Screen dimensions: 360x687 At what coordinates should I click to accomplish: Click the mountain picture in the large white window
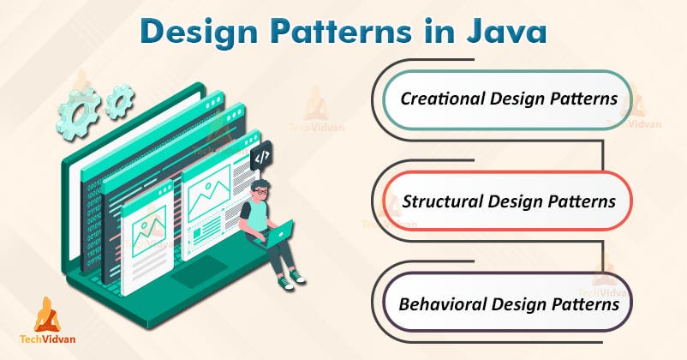(210, 202)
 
